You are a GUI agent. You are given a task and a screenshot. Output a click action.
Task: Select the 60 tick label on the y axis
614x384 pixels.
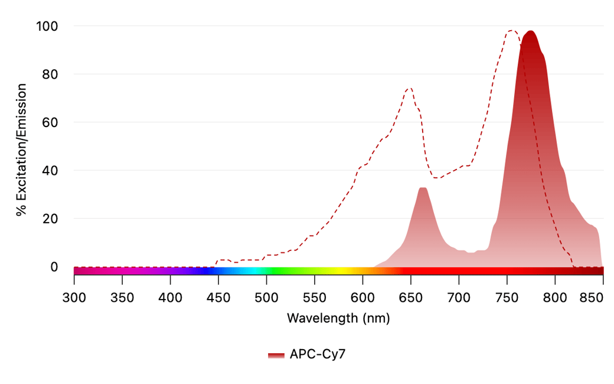pos(52,122)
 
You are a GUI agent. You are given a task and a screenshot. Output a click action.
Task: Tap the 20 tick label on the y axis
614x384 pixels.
pos(52,219)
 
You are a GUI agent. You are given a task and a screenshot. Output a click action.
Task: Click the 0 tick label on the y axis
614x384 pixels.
pos(54,267)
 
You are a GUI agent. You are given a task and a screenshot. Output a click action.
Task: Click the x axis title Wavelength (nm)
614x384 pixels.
pos(338,318)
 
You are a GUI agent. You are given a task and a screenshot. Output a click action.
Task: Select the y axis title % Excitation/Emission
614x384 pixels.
pos(22,149)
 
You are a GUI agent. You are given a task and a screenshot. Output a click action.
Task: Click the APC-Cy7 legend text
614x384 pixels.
pos(317,354)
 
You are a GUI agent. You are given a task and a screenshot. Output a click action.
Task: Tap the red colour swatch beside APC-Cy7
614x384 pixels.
pos(276,355)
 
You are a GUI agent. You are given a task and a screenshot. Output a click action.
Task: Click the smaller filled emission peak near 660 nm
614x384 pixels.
pos(422,188)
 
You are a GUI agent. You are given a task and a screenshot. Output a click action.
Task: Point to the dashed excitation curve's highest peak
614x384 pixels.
pos(511,31)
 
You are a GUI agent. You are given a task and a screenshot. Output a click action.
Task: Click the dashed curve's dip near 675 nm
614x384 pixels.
pos(436,178)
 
